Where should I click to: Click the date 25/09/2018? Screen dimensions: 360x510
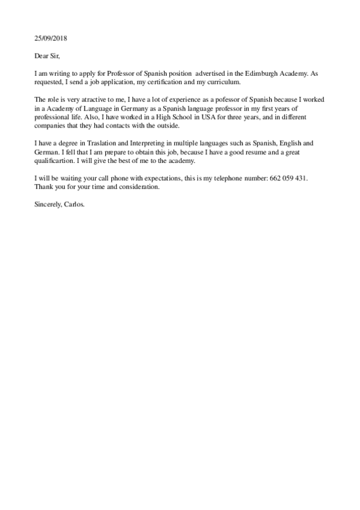click(50, 38)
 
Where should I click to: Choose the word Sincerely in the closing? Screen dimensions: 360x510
click(47, 203)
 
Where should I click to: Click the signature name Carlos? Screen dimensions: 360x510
click(76, 203)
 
